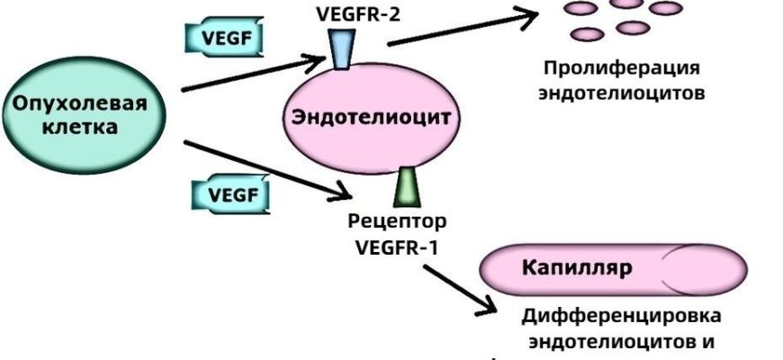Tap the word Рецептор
click(x=396, y=220)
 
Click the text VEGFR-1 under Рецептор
click(x=396, y=245)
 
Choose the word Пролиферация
click(x=621, y=68)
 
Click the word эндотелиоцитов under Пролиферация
click(x=621, y=93)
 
